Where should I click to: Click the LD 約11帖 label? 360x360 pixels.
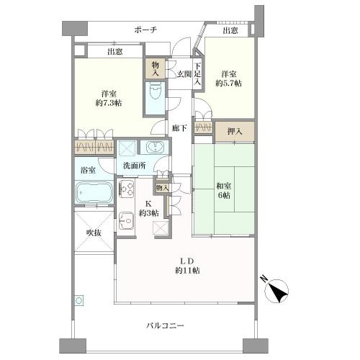point(185,264)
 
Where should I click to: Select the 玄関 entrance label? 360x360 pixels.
point(183,73)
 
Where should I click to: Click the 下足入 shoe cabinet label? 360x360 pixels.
point(197,74)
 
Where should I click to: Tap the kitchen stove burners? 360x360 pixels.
point(128,189)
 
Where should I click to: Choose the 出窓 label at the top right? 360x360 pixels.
point(230,31)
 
